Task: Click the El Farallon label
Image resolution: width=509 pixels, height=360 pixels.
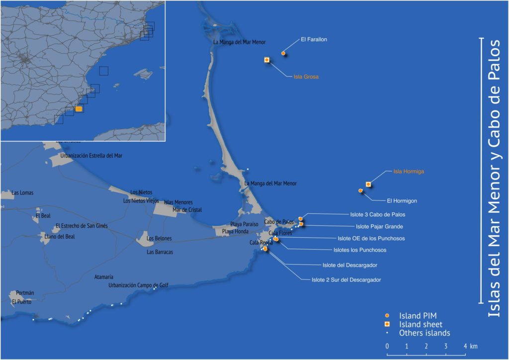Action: [x=314, y=39]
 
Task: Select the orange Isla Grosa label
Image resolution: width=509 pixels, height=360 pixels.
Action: [x=306, y=77]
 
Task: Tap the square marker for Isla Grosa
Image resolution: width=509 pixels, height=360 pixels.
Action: [x=267, y=60]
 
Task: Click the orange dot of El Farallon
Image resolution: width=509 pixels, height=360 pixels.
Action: [x=283, y=53]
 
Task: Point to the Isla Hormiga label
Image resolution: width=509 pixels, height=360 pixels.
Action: [x=408, y=172]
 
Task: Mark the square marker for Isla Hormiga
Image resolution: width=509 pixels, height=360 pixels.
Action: [x=368, y=184]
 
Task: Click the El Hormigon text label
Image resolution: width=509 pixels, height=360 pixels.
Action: [x=402, y=201]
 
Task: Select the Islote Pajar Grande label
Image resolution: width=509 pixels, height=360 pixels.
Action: [x=376, y=227]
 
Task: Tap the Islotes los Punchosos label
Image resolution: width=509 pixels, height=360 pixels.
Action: [x=359, y=250]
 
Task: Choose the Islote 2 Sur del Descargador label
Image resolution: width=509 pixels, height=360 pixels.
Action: [x=346, y=280]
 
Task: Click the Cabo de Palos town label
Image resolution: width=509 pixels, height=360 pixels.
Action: [x=279, y=222]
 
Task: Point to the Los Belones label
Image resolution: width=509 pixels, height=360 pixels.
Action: [x=159, y=239]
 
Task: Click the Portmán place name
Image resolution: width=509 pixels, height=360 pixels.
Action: [x=25, y=293]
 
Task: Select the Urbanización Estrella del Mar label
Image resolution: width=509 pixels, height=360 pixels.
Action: [x=91, y=156]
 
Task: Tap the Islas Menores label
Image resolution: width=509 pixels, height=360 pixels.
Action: [x=178, y=202]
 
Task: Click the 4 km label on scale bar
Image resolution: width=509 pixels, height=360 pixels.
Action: [x=469, y=346]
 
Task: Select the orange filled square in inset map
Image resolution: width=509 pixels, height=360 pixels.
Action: [x=79, y=109]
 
